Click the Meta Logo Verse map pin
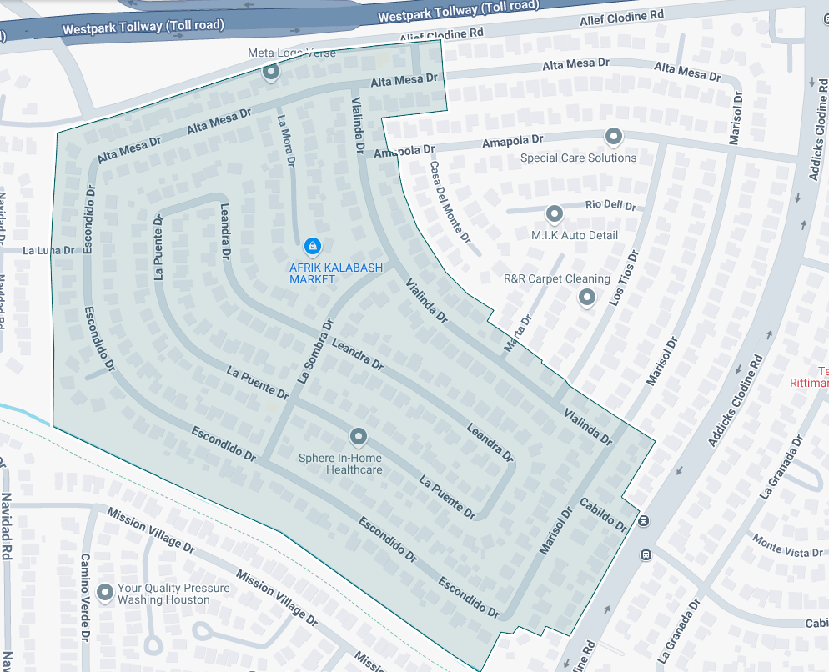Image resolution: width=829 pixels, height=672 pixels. (270, 73)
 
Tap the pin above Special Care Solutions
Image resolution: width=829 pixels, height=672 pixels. (614, 135)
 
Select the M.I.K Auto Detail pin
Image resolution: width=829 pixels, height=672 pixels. (555, 214)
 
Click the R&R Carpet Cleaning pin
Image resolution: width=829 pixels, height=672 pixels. (587, 297)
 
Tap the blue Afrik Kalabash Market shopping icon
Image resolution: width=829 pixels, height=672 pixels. (312, 246)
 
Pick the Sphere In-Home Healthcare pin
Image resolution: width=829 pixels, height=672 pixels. (359, 436)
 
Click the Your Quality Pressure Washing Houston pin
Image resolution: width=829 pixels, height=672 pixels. (105, 592)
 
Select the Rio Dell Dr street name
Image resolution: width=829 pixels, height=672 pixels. (610, 205)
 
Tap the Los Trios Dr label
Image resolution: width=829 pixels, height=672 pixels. (624, 277)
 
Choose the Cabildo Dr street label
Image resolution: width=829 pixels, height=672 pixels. (604, 514)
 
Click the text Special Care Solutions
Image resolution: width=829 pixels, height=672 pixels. (578, 158)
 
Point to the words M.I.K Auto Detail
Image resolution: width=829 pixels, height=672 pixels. (575, 235)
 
